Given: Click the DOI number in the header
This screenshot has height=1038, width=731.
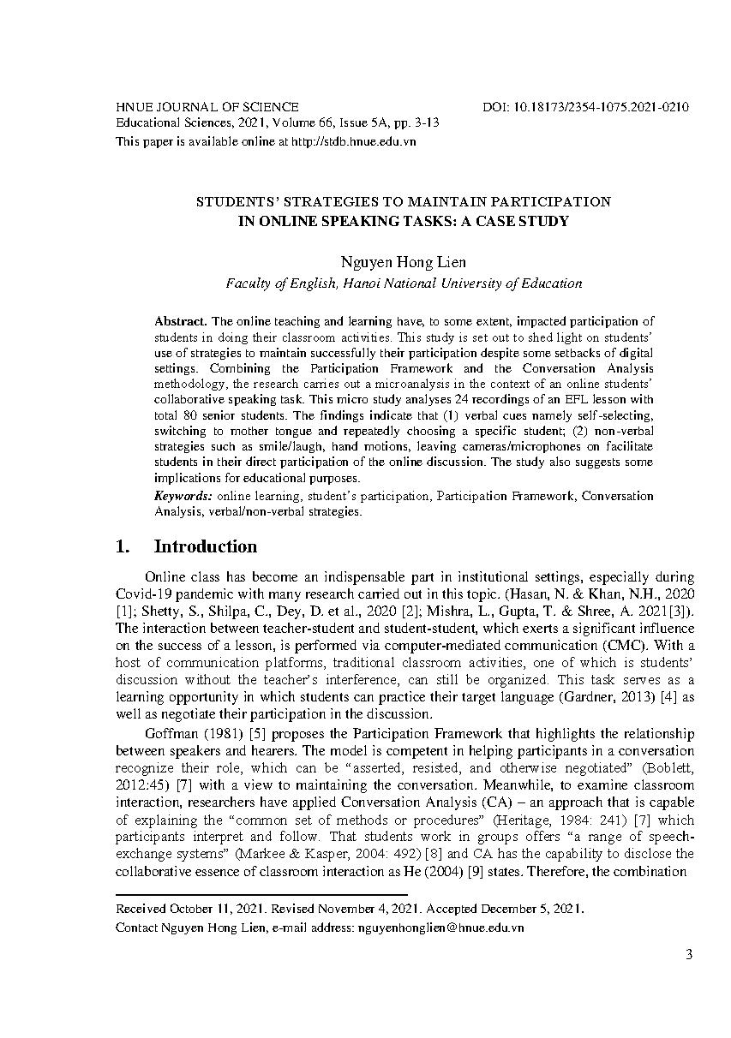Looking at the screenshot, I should (x=600, y=107).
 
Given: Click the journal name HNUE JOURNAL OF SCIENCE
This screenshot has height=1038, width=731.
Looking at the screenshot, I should (x=207, y=107).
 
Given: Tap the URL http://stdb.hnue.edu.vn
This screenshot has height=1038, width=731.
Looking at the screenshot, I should (x=353, y=141).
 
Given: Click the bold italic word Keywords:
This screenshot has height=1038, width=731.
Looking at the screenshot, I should (x=184, y=496).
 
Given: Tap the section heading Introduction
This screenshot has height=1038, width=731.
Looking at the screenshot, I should (x=206, y=546).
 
